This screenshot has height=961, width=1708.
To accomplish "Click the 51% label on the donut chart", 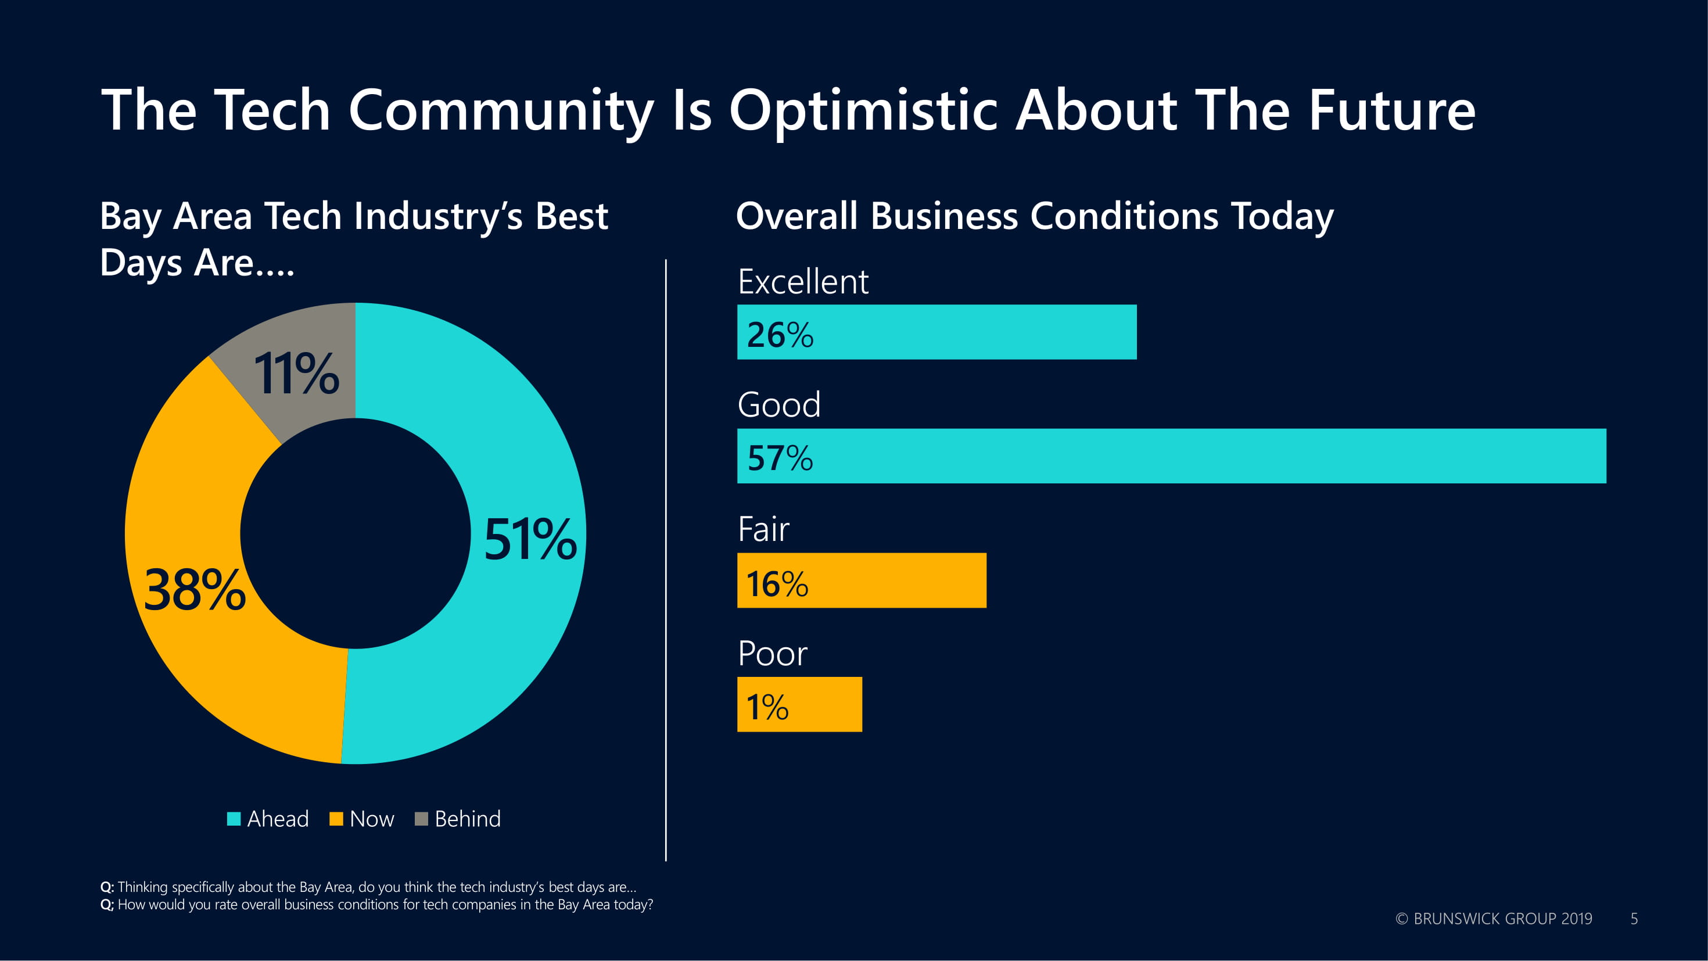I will pyautogui.click(x=530, y=539).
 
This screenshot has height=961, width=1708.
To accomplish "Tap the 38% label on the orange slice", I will pyautogui.click(x=194, y=590).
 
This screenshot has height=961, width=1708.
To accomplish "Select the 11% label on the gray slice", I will pyautogui.click(x=296, y=374).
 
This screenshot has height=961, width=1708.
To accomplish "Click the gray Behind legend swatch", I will pyautogui.click(x=421, y=819).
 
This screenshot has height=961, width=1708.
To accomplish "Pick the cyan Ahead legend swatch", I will pyautogui.click(x=234, y=819).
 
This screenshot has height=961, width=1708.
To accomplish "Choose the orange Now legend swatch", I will pyautogui.click(x=336, y=819).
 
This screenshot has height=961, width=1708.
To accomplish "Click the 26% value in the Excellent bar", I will pyautogui.click(x=780, y=334).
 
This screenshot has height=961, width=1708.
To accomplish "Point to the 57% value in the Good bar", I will pyautogui.click(x=780, y=458).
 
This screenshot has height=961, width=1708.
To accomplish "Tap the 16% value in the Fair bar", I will pyautogui.click(x=777, y=583).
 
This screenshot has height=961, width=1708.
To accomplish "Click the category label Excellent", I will pyautogui.click(x=803, y=282).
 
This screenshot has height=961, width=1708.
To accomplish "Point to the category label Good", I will pyautogui.click(x=779, y=404).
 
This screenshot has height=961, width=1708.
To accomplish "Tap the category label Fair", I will pyautogui.click(x=763, y=529).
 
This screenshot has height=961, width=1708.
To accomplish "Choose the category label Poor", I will pyautogui.click(x=773, y=654).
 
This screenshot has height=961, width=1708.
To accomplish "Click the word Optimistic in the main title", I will pyautogui.click(x=863, y=112).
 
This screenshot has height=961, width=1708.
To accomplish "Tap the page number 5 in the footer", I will pyautogui.click(x=1634, y=919).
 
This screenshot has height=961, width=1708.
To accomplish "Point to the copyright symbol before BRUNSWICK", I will pyautogui.click(x=1402, y=919).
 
